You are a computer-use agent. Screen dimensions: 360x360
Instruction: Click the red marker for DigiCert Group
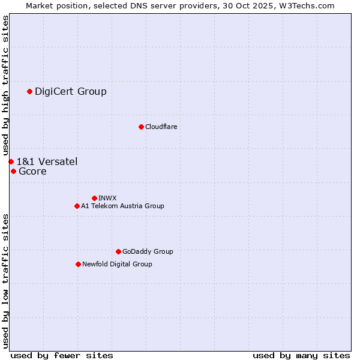click(29, 91)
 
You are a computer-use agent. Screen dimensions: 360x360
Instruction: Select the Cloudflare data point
click(141, 127)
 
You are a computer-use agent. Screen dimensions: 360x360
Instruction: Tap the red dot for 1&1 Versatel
click(11, 161)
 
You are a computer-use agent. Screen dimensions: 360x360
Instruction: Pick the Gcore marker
click(13, 171)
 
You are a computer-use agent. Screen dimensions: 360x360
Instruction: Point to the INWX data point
click(94, 198)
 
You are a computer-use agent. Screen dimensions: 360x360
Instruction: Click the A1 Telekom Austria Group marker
click(77, 206)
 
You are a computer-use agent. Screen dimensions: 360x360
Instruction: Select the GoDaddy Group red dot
click(118, 251)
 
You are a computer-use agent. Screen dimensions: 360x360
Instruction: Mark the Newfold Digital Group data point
click(78, 264)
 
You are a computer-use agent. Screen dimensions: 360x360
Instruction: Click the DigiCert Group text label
click(71, 91)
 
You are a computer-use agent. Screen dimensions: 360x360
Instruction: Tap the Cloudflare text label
click(161, 127)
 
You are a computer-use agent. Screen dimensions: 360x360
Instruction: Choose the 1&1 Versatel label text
click(47, 161)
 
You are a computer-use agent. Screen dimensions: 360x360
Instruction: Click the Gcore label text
click(32, 171)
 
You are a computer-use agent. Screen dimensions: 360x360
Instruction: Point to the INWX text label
click(107, 198)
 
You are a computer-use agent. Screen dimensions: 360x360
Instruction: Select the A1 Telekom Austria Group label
click(122, 206)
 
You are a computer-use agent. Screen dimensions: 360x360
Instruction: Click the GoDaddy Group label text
click(148, 251)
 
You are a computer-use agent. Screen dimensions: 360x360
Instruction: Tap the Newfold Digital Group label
click(117, 264)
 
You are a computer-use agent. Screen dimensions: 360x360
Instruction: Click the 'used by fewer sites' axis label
click(62, 355)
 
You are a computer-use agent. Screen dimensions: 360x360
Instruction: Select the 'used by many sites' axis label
click(301, 355)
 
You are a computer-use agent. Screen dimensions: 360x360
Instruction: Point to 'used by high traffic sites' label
click(5, 85)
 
